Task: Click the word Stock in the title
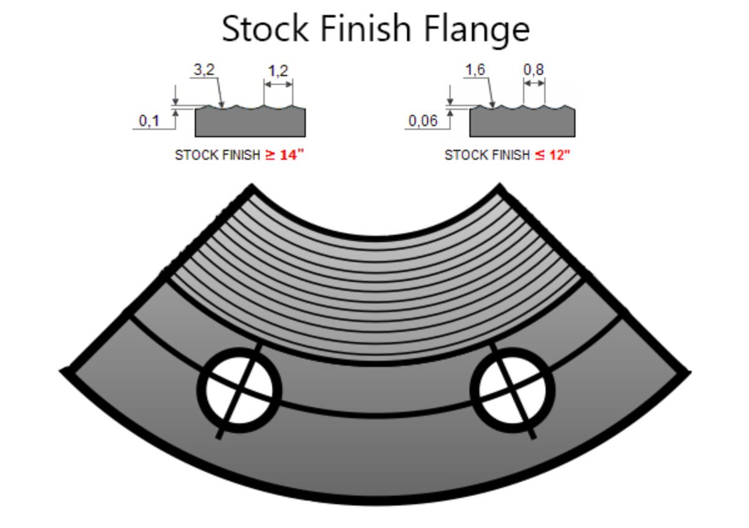tap(265, 29)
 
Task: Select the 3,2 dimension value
tap(203, 70)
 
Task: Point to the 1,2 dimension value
tap(278, 71)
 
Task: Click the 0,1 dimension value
tap(149, 120)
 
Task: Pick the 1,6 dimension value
tap(474, 70)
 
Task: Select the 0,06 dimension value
tap(423, 120)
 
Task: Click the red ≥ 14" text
tap(284, 155)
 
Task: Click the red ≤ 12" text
tap(552, 155)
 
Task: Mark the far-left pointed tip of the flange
tap(63, 372)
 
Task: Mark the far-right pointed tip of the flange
tap(688, 372)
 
